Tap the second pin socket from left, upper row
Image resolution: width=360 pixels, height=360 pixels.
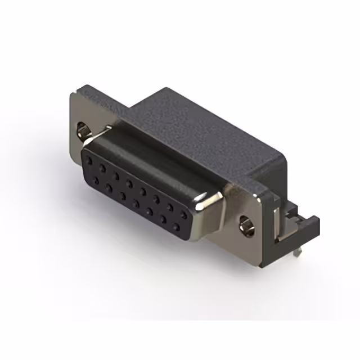pos(103,167)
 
